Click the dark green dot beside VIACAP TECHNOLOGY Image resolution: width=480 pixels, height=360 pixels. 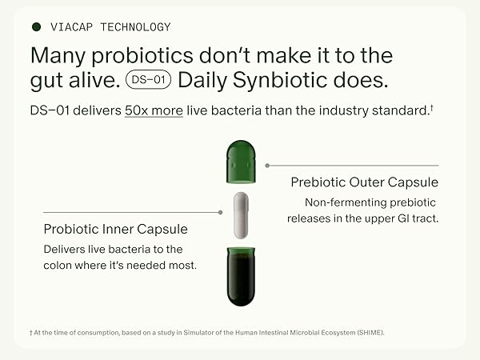[x=36, y=27]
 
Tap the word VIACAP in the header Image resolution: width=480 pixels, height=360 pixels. [x=70, y=27]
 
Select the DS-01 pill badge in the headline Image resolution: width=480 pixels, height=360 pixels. [x=149, y=80]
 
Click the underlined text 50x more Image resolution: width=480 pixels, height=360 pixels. [x=154, y=110]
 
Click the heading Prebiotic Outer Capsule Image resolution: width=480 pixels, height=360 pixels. [x=364, y=182]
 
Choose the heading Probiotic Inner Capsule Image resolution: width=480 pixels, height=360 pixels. [x=114, y=230]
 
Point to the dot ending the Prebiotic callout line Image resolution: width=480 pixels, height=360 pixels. [x=266, y=166]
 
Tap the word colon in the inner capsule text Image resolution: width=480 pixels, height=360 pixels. [x=61, y=265]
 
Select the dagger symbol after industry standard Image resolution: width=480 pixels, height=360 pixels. [x=432, y=107]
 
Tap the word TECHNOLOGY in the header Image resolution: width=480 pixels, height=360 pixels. [x=134, y=27]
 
